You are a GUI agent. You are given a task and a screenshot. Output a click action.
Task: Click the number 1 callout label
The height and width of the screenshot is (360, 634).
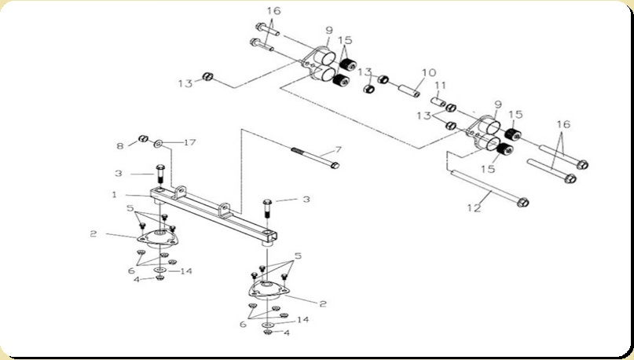(x=114, y=195)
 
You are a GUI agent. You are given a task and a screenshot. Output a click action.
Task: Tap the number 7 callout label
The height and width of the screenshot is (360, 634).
(x=338, y=150)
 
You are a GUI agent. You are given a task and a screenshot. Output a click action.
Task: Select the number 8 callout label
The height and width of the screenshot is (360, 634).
(x=120, y=145)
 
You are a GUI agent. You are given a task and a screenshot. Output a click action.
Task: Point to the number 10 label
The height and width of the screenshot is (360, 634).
(x=429, y=72)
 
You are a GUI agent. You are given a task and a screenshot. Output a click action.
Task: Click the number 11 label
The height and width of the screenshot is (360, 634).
(x=440, y=86)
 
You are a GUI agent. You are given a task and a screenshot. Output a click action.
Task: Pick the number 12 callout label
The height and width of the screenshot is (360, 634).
(x=474, y=208)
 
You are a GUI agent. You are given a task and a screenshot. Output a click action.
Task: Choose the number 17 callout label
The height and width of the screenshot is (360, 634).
(x=189, y=142)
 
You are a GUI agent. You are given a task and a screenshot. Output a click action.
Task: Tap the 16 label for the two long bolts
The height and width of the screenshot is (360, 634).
(x=563, y=124)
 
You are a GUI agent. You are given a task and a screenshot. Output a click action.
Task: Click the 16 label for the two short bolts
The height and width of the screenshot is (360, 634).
(x=273, y=11)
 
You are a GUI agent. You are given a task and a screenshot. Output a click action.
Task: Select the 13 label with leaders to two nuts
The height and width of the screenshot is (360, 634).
(x=423, y=116)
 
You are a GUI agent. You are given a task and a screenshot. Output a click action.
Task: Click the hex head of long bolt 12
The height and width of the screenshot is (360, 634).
(x=522, y=201)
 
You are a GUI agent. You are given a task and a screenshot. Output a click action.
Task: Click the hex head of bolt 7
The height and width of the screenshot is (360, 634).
(x=335, y=165)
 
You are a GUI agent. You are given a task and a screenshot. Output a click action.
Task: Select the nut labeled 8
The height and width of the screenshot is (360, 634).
(x=143, y=139)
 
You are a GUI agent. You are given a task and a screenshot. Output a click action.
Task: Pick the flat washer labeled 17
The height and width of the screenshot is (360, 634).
(x=158, y=142)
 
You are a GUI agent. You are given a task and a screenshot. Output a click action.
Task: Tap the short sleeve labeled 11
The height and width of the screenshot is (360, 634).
(x=438, y=101)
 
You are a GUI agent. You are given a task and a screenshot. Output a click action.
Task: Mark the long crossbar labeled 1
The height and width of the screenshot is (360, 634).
(x=214, y=215)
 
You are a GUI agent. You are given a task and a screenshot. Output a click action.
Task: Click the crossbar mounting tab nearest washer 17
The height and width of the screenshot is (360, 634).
(x=181, y=191)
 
